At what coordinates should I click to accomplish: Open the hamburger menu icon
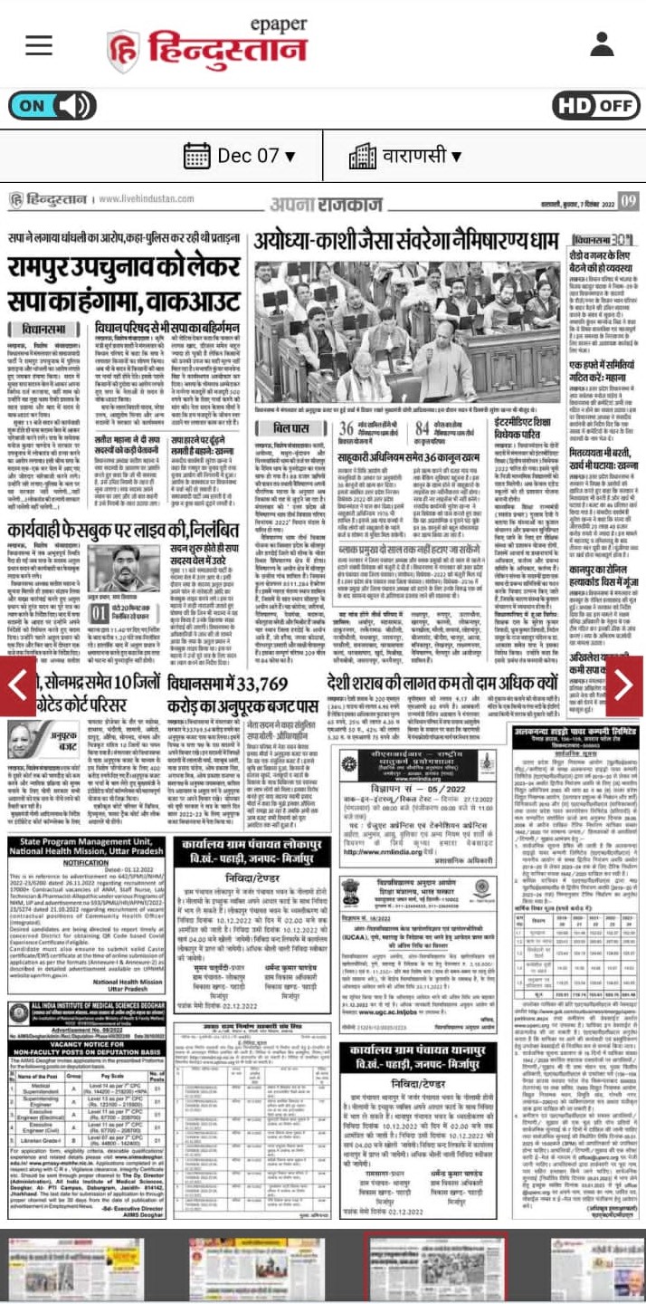coord(39,44)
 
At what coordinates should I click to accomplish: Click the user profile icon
coord(602,44)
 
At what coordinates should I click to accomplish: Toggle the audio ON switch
coord(52,105)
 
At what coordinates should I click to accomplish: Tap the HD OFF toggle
coord(594,105)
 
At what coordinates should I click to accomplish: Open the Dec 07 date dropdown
coord(239,156)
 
